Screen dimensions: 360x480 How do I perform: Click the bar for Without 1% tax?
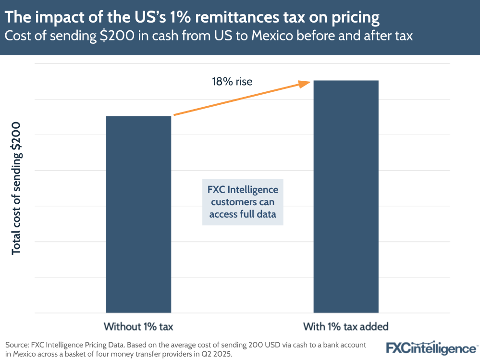[x=138, y=214]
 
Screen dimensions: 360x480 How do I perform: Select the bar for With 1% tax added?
[x=346, y=197]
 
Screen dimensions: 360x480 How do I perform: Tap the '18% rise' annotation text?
[x=232, y=82]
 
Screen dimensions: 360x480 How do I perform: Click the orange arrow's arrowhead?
[x=305, y=84]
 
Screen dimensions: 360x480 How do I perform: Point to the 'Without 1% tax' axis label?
[x=138, y=327]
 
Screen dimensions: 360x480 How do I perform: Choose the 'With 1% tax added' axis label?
[x=345, y=327]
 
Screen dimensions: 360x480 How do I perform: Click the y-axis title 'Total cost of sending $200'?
[x=16, y=188]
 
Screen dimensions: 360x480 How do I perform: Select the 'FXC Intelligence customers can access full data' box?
[x=243, y=202]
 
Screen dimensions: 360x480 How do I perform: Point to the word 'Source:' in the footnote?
[x=18, y=345]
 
